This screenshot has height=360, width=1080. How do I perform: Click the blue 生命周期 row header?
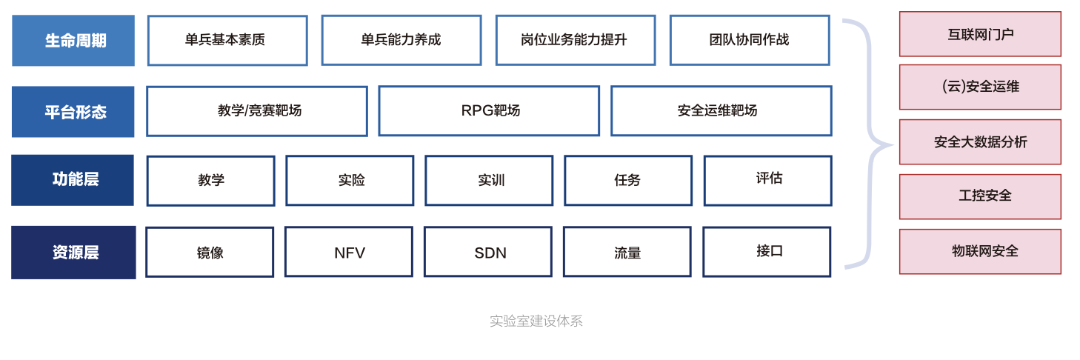pos(73,41)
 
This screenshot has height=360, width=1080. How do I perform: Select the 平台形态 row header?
pos(73,112)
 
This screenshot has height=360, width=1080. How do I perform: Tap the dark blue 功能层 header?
pos(73,180)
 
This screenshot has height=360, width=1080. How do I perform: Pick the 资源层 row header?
pos(74,253)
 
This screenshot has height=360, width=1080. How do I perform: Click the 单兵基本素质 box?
pos(227,41)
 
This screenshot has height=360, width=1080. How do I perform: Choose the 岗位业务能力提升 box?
pos(576,41)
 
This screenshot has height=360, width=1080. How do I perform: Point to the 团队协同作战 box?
pos(750,41)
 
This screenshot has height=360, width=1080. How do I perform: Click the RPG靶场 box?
pos(490,111)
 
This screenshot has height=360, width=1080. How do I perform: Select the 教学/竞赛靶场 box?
pos(257,111)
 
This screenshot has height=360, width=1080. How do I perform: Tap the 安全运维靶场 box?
pos(721,111)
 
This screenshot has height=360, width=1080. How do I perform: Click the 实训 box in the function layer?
pos(489,181)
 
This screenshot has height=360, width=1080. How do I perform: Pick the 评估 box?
pos(768,181)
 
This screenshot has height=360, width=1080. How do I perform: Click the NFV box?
pos(349,252)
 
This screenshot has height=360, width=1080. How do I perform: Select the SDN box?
pos(488,252)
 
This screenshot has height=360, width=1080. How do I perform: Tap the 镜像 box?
pos(210,253)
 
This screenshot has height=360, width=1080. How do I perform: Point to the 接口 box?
pos(767,252)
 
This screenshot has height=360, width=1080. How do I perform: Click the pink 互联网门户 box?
pos(980,34)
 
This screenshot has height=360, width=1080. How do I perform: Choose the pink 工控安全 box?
pos(980,196)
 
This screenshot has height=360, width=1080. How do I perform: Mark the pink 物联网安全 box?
pos(980,252)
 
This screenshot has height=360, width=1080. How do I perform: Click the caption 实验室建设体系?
pos(536,321)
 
